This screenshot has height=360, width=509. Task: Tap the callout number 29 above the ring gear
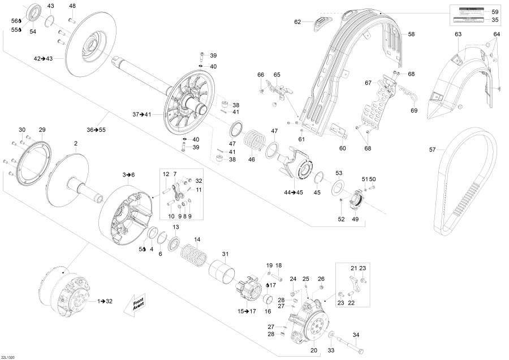point(42,130)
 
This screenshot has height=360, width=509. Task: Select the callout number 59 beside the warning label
point(495,12)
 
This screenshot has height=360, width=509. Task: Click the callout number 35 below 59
point(495,20)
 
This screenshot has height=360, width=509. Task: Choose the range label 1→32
point(105,301)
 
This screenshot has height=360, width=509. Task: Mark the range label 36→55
point(96,130)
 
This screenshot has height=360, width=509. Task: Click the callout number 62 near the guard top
point(297,22)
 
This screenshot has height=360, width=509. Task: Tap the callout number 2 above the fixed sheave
point(75,144)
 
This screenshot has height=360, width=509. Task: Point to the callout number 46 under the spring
point(252,160)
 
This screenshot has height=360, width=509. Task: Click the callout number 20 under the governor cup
point(313,350)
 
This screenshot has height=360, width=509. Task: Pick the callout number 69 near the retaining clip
point(414,110)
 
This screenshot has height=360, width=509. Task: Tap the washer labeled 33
point(330,335)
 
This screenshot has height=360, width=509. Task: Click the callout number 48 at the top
point(72,6)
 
